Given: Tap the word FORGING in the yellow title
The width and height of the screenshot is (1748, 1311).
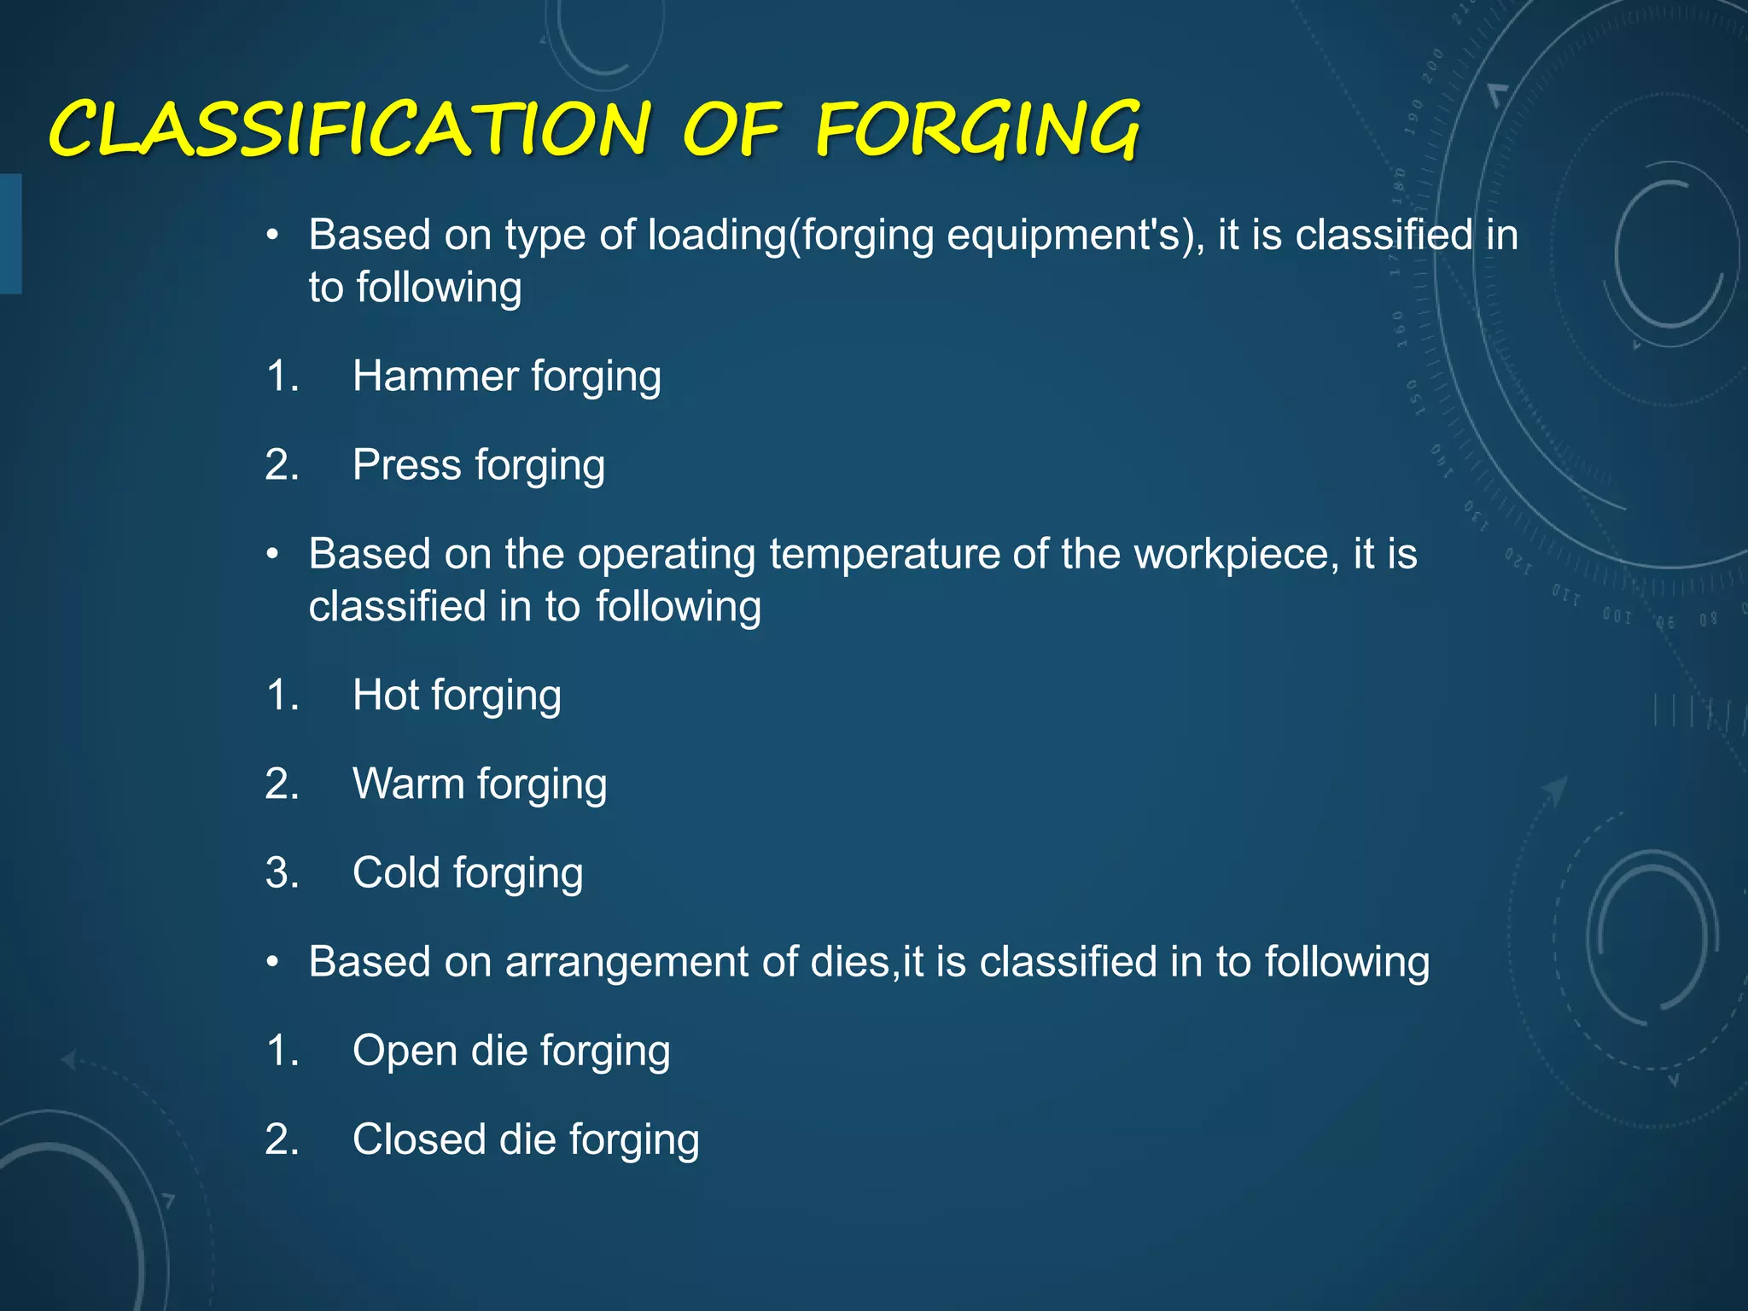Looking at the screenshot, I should coord(977,130).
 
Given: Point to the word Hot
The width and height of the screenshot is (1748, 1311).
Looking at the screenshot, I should coord(385,695).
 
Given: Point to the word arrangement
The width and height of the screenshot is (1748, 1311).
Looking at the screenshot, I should coord(626,963).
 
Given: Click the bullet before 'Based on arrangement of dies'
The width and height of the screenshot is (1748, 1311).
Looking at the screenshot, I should coord(272,963).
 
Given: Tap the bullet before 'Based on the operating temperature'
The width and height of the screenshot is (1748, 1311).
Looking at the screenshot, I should coord(272,555).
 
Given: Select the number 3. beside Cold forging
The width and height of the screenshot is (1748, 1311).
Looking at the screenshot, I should coord(282,872).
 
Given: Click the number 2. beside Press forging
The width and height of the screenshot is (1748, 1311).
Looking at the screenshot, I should coord(282,465).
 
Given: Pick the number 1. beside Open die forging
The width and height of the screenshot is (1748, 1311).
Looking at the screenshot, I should coord(282,1051).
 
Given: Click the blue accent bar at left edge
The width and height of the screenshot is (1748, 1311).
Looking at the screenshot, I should coord(10,234).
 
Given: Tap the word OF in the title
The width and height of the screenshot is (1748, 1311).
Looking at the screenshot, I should coord(731,130).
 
